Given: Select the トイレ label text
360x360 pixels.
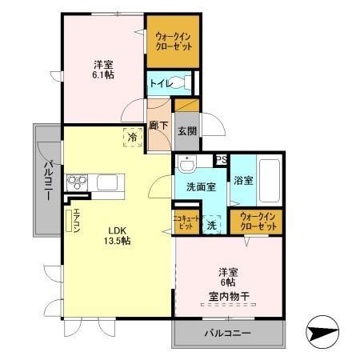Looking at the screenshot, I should coord(157,82).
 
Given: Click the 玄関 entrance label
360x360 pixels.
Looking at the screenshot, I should coord(186,130).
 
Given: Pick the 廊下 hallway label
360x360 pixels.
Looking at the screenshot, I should coord(158,125).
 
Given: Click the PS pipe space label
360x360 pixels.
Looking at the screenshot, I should coord(221,160).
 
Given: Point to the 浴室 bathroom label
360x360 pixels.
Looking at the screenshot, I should coord(243,180).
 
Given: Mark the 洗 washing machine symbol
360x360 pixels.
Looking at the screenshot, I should coord(212,225).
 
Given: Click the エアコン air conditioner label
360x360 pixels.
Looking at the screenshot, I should coord(77,218).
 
